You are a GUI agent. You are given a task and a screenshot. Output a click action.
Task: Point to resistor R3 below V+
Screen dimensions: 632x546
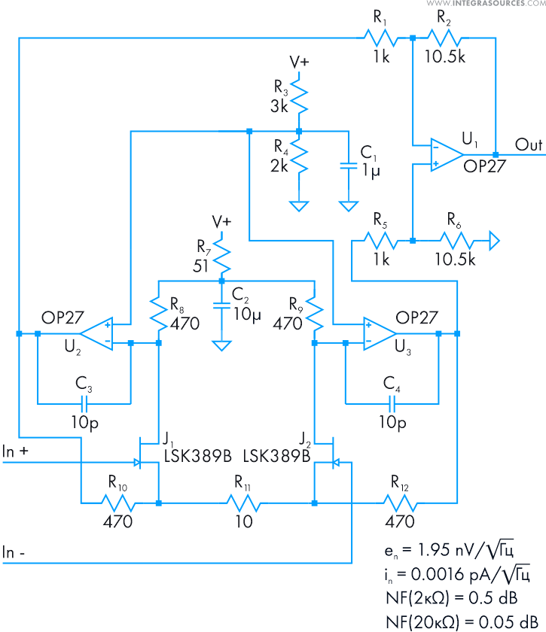[300, 96]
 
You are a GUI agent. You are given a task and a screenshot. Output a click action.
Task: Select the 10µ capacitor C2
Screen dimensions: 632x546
[221, 305]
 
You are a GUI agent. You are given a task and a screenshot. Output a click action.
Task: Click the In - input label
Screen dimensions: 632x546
[16, 552]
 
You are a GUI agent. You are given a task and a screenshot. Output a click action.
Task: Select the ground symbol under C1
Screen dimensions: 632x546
[348, 205]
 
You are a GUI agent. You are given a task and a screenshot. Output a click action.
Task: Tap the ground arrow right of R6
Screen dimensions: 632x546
[494, 241]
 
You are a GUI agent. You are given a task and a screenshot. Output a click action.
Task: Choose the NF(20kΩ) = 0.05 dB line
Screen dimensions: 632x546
[461, 619]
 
